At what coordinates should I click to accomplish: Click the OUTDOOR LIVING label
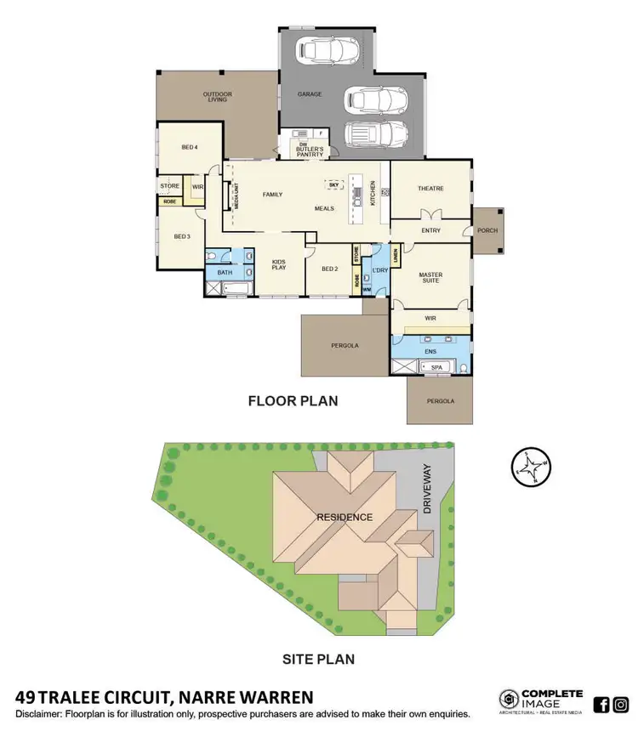218,97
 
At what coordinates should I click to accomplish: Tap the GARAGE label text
310,94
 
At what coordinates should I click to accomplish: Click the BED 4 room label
189,147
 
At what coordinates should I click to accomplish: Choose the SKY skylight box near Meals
334,184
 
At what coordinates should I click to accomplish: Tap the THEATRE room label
430,188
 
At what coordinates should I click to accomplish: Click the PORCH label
488,230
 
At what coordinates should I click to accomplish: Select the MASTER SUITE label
431,278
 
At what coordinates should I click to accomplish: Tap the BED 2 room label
330,269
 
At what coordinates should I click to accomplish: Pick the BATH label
225,272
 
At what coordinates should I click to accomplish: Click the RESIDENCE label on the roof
345,517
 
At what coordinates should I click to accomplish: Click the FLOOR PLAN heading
293,400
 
